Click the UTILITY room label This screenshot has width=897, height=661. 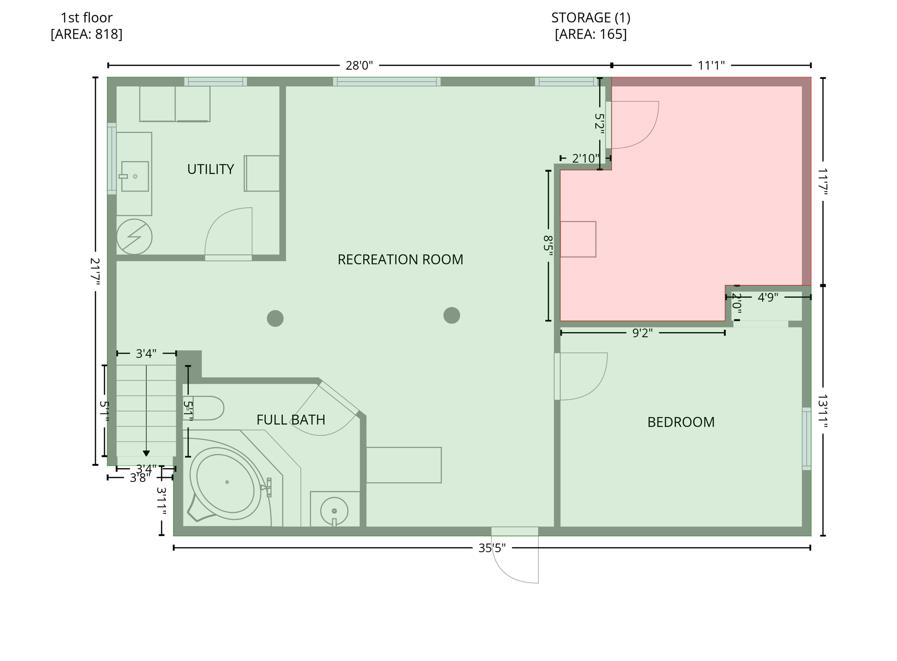[x=210, y=169]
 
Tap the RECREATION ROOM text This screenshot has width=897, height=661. [x=400, y=259]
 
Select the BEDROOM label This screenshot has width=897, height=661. [x=681, y=422]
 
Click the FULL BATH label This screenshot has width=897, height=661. [x=290, y=420]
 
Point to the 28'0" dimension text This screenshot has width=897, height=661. [x=359, y=65]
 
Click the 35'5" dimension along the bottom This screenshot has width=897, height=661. [x=491, y=548]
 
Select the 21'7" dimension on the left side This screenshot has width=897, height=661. [x=95, y=272]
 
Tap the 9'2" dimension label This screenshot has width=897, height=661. [x=642, y=333]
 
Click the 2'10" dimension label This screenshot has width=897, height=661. [x=585, y=158]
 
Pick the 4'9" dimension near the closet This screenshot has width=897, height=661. [x=767, y=297]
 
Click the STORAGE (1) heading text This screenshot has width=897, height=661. [x=590, y=18]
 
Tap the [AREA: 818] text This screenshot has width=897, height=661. [x=86, y=34]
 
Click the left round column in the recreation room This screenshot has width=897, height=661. [x=275, y=318]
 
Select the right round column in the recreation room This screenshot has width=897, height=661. [x=452, y=315]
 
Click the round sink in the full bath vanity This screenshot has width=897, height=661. [x=334, y=511]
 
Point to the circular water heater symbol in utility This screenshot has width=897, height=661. [x=134, y=237]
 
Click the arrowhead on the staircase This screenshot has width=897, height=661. [x=146, y=453]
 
